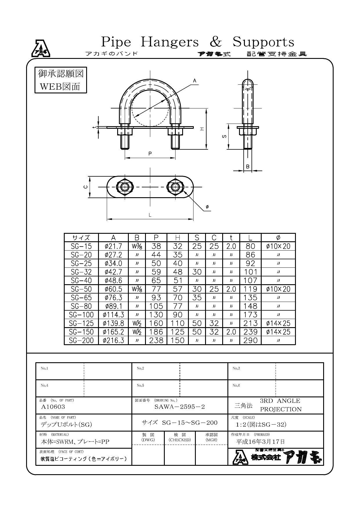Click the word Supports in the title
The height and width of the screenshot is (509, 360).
coord(263,42)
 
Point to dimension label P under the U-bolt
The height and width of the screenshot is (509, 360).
coord(150,154)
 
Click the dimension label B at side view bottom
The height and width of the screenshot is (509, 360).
coord(247,166)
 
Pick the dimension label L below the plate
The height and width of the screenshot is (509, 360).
coord(150,215)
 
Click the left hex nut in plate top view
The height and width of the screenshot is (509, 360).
coord(125,187)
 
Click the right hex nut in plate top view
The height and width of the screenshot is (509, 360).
coord(175,187)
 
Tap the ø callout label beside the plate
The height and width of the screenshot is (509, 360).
coord(207,207)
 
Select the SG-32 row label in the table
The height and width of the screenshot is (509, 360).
coord(81,272)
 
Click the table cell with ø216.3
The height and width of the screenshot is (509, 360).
coord(113,340)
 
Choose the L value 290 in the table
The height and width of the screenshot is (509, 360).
coord(250,340)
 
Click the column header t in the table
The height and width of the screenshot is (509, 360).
coord(231,238)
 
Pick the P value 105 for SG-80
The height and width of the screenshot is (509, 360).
coord(156,306)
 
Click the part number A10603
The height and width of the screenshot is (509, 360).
coord(53,407)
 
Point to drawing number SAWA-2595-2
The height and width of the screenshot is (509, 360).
coord(180,407)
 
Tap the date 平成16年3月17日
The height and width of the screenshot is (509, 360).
coord(260,441)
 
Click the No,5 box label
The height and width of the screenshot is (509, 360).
coord(140,385)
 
